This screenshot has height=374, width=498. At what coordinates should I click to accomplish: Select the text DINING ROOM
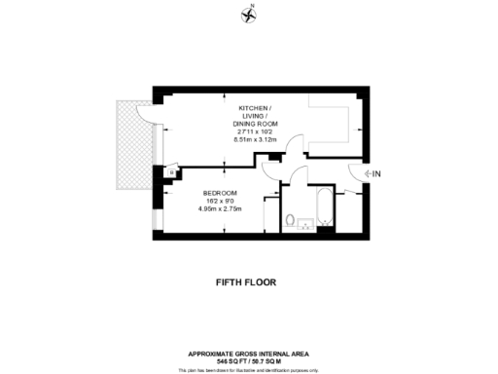tap(256, 125)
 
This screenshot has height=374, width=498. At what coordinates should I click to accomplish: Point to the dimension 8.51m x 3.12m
tap(256, 140)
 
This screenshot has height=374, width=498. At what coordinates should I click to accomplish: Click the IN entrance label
tap(377, 173)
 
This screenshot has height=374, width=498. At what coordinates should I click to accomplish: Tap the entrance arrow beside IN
tap(367, 173)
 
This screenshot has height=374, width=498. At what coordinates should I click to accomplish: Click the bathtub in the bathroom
tap(324, 207)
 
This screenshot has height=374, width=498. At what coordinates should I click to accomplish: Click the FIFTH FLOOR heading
tap(246, 282)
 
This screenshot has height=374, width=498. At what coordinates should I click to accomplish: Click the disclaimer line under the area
tap(248, 369)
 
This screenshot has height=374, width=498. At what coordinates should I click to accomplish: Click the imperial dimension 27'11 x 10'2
tap(256, 132)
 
